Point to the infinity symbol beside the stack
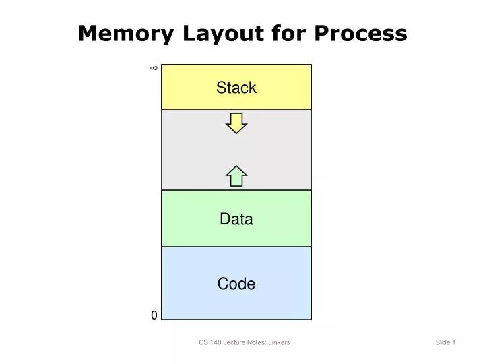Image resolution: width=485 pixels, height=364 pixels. [154, 68]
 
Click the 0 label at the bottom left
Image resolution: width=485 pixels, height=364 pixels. [154, 315]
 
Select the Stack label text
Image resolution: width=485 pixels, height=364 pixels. [236, 88]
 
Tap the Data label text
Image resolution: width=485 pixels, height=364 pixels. [236, 219]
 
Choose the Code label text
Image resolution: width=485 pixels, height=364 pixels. [236, 284]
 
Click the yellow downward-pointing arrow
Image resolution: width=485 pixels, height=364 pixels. [236, 123]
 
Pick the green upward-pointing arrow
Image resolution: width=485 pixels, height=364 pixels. [236, 175]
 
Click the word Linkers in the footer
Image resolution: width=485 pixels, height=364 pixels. [279, 342]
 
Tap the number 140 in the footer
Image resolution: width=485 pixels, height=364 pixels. [216, 342]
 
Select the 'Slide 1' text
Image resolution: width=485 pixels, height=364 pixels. [445, 342]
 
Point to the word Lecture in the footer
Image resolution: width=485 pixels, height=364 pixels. [235, 342]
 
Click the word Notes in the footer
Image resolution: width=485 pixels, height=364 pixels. [257, 342]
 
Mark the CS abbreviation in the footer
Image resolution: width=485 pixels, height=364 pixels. [203, 342]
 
